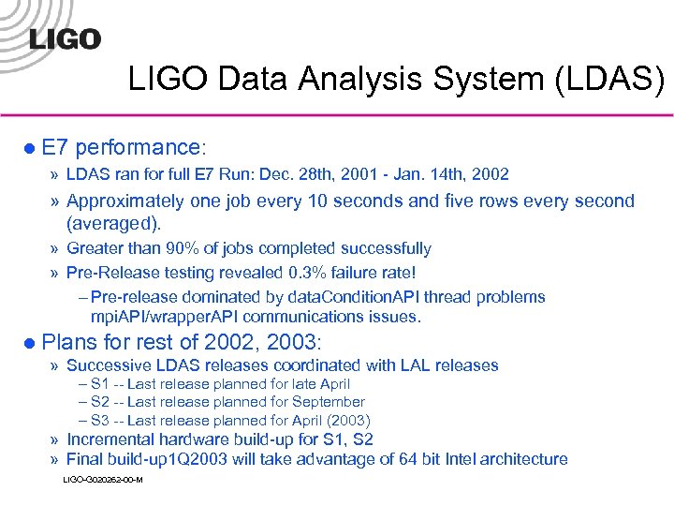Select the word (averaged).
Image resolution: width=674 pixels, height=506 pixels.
pos(114,224)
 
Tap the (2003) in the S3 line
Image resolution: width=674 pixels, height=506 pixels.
pos(345,421)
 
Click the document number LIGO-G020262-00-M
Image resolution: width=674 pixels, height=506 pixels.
pos(102,480)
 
